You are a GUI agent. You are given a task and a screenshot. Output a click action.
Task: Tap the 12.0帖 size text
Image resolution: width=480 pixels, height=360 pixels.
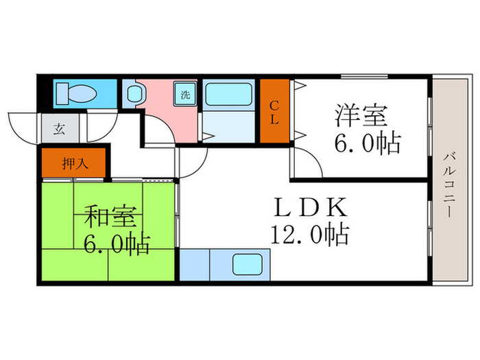[309, 235]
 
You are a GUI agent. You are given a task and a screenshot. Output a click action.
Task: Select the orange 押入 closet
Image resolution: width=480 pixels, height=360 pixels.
[74, 163]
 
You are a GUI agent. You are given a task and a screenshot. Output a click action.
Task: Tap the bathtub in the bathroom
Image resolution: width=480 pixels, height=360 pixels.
[230, 95]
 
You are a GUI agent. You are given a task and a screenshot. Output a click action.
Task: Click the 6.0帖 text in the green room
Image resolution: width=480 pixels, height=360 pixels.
[117, 244]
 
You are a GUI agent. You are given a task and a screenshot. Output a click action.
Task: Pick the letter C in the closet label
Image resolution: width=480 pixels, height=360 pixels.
[274, 105]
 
